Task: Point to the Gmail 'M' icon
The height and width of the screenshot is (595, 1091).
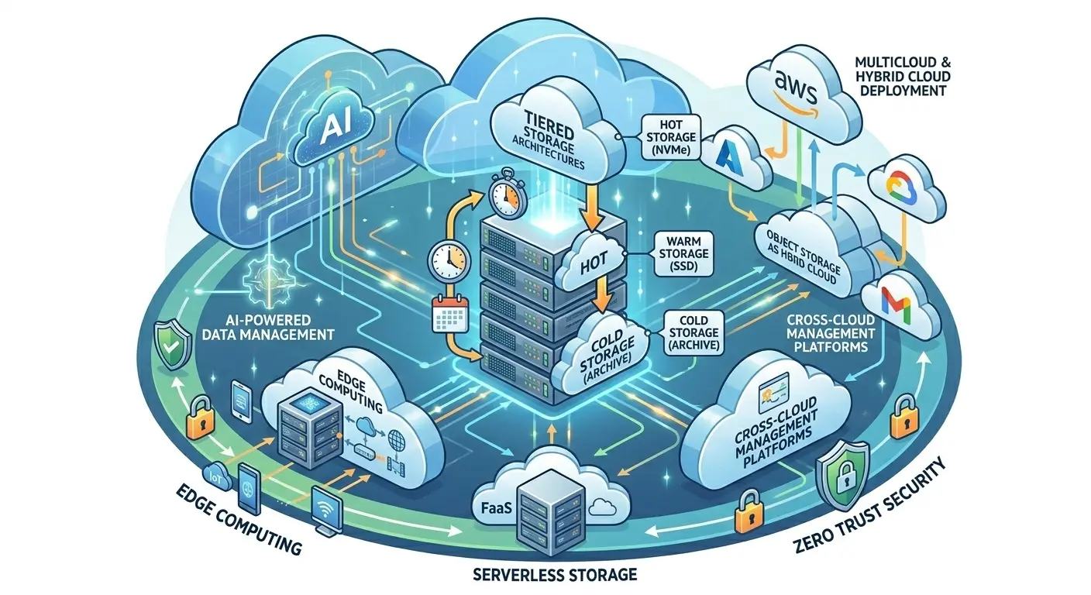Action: pyautogui.click(x=888, y=304)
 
